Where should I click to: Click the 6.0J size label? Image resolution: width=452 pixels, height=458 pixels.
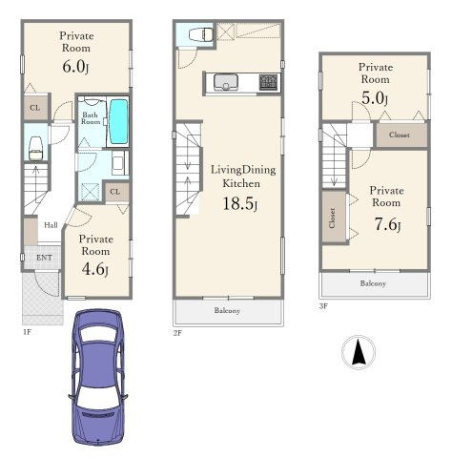tap(75, 67)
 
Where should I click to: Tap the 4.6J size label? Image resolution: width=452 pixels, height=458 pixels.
tap(95, 269)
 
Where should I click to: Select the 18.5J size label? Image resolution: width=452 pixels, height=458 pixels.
tap(240, 203)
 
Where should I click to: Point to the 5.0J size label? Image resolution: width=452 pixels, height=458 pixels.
tap(375, 98)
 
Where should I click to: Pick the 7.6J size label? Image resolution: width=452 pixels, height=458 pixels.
tap(387, 224)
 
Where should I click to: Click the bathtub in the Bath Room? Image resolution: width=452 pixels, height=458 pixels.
tap(119, 121)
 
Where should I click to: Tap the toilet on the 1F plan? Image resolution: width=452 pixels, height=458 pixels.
tap(35, 148)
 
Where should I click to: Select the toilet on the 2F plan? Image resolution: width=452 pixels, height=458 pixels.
tap(201, 34)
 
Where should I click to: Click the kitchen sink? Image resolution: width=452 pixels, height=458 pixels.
tap(226, 82)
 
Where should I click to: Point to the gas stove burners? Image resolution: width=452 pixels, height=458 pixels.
tap(269, 82)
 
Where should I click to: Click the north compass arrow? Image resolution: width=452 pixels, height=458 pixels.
tap(359, 352)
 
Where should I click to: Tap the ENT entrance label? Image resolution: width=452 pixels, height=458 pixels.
tap(44, 258)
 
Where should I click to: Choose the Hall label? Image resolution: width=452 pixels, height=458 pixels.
tap(51, 225)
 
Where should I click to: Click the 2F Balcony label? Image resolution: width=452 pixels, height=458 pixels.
tap(227, 310)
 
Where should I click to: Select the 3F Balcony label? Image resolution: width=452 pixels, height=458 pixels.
tap(373, 283)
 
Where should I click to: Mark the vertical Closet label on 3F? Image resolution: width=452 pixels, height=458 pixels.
tap(332, 218)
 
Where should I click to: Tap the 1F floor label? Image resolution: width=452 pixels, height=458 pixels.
tap(27, 332)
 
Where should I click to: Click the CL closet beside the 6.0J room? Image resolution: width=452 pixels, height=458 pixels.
tap(35, 108)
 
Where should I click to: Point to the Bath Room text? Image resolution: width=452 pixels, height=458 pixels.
tap(91, 118)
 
